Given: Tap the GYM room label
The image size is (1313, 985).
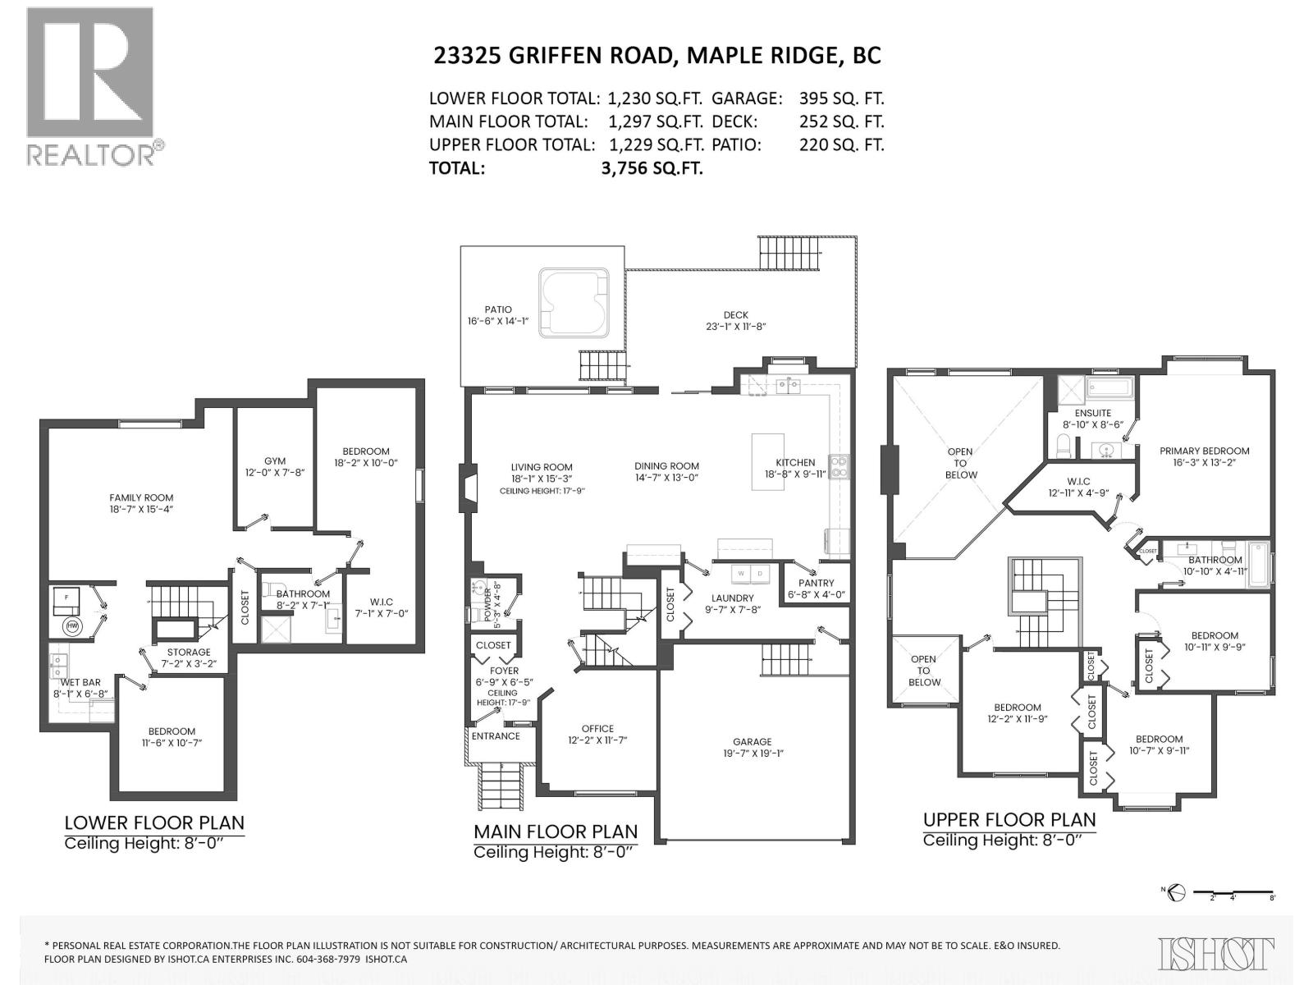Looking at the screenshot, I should click(275, 460).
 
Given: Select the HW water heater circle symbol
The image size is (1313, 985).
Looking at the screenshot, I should click(71, 626).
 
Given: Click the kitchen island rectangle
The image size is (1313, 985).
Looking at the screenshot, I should click(767, 461).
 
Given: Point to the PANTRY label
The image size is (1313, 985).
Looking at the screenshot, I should click(816, 583).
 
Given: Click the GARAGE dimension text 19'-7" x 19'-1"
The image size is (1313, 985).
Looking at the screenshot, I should click(753, 753).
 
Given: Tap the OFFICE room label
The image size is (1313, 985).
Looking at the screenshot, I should click(597, 728).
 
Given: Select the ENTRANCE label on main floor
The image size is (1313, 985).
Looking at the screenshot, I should click(496, 735).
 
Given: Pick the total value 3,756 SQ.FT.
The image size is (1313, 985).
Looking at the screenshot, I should click(652, 168).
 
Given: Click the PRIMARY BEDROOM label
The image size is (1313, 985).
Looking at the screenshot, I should click(1204, 451).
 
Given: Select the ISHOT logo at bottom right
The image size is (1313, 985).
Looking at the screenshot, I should click(1217, 953).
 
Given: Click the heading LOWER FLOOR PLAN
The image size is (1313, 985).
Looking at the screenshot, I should click(154, 822).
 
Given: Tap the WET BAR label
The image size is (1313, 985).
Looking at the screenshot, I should click(80, 682).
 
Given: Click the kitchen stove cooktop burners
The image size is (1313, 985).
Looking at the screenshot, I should click(839, 467).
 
